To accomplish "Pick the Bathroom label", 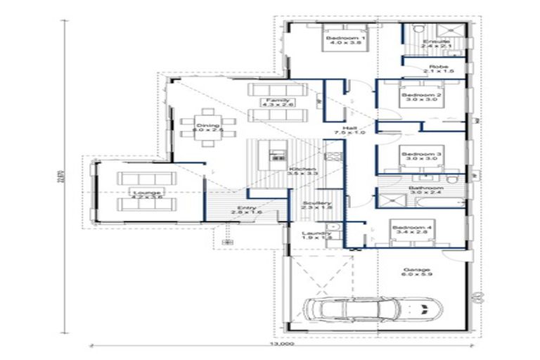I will point(426,189).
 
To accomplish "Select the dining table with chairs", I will point(208,127).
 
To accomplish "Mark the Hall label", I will point(340,129).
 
